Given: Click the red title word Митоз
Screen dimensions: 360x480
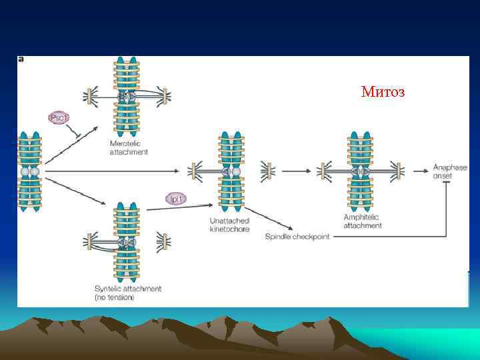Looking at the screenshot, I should [382, 92].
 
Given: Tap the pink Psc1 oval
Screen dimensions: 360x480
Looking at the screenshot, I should [58, 118].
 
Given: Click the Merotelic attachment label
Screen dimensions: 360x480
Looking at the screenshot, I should [129, 148].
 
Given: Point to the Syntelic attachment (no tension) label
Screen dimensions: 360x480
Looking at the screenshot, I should [128, 293].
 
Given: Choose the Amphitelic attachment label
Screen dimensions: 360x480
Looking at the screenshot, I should [363, 221].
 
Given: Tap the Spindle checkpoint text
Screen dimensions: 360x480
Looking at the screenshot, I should [297, 237].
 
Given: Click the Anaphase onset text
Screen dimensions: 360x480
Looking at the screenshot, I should [450, 171].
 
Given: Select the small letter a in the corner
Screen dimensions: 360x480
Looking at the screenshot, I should [21, 59].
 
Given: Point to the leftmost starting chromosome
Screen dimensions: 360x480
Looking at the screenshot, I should [30, 171].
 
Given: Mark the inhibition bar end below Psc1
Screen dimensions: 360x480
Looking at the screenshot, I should [77, 137].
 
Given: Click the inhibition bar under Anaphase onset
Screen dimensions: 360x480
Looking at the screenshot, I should [446, 183].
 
